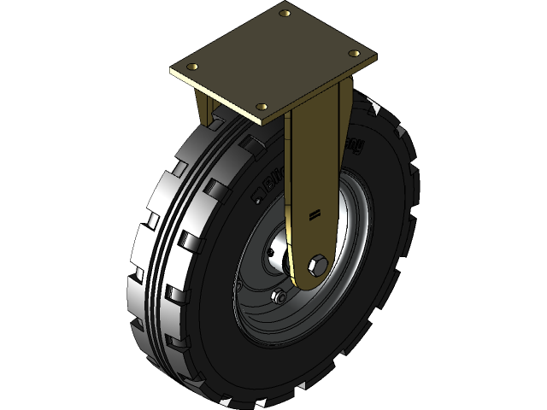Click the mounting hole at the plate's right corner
(x=354, y=53)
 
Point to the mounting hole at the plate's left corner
(x=195, y=67)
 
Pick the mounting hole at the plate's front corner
(x=262, y=107)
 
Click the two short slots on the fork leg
(x=315, y=213)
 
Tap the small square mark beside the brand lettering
(x=255, y=199)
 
